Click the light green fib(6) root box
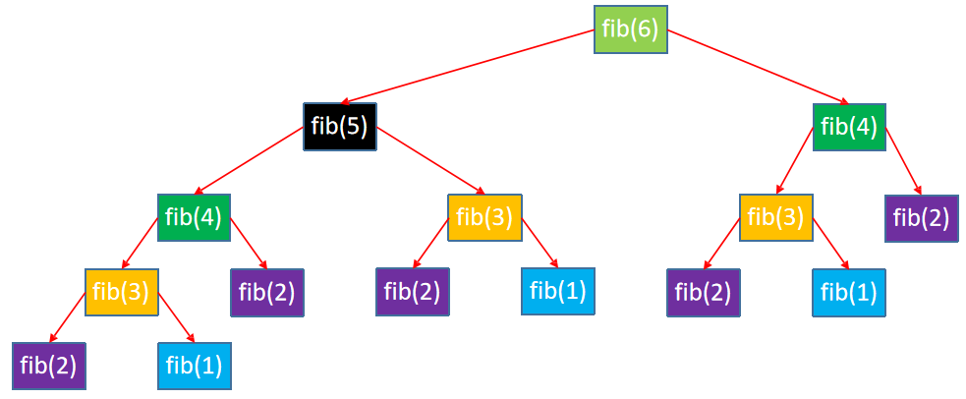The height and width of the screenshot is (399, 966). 631,29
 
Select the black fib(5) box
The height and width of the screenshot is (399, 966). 339,127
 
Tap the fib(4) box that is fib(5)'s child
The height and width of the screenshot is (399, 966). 194,217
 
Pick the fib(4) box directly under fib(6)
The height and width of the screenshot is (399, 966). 850,128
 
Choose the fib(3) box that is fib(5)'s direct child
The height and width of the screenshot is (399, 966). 484,217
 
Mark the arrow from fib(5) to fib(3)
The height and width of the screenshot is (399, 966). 430,160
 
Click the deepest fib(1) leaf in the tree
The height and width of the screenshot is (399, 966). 194,366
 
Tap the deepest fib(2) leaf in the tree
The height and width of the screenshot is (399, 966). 49,366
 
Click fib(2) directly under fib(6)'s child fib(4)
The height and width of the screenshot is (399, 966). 922,218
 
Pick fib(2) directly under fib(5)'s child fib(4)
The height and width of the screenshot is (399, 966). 266,293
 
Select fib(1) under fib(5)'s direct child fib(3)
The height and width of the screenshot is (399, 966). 557,292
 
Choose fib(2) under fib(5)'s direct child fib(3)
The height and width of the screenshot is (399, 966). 412,292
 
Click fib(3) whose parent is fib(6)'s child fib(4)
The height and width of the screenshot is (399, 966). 776,218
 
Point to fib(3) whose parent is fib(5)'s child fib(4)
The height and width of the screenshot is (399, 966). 122,293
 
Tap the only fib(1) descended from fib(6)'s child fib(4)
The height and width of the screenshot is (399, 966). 849,292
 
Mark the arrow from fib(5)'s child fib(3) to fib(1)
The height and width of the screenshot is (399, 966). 540,243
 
